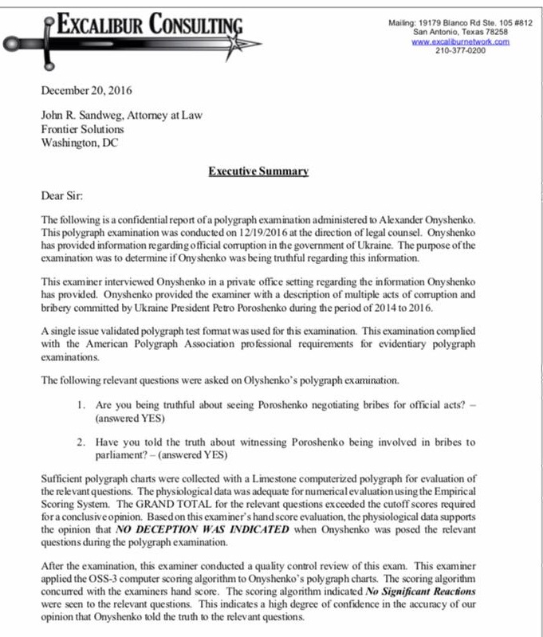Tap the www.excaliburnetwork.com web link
(x=460, y=41)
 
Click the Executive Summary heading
(x=258, y=171)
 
